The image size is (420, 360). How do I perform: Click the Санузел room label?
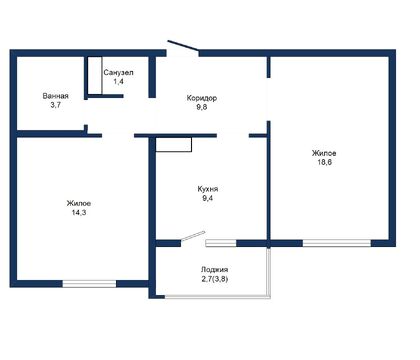(x=119, y=72)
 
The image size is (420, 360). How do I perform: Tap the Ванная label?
(x=55, y=96)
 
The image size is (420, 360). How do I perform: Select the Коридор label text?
(x=202, y=98)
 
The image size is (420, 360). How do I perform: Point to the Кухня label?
(x=208, y=189)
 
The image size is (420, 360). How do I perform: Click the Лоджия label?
(x=214, y=270)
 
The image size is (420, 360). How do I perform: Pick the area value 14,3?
(x=79, y=212)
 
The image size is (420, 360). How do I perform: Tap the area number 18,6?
(x=324, y=162)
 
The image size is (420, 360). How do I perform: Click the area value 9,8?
(x=202, y=107)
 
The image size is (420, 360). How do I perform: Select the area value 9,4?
(x=208, y=198)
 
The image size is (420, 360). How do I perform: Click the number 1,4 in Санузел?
(x=118, y=81)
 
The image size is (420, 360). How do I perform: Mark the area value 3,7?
(x=55, y=105)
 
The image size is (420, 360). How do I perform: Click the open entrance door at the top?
(x=183, y=46)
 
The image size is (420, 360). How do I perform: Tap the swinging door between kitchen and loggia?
(x=193, y=236)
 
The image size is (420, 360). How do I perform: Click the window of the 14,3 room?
(x=89, y=284)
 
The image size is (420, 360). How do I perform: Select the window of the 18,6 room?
(x=337, y=243)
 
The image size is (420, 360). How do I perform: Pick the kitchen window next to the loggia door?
(x=221, y=243)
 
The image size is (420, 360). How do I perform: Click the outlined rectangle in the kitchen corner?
(x=174, y=145)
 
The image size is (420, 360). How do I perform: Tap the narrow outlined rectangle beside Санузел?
(x=95, y=76)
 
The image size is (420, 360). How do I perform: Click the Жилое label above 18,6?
(x=324, y=153)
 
